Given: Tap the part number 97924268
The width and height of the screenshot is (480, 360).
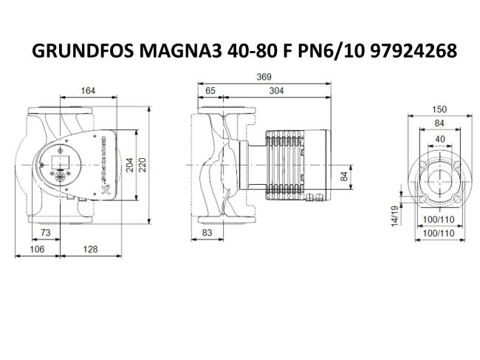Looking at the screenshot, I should (x=409, y=52).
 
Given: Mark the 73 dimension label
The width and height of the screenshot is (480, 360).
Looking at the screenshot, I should (x=45, y=233).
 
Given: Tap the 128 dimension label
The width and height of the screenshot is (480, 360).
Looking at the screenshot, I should (x=90, y=249).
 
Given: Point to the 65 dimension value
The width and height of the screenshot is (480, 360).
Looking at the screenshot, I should (x=210, y=91).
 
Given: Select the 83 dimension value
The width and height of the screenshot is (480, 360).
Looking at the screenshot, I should (x=208, y=233).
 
